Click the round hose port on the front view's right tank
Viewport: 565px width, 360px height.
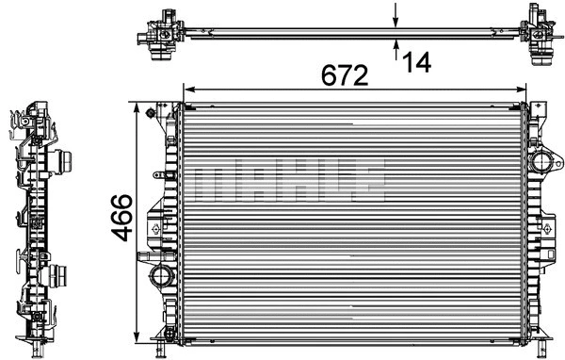543,161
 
